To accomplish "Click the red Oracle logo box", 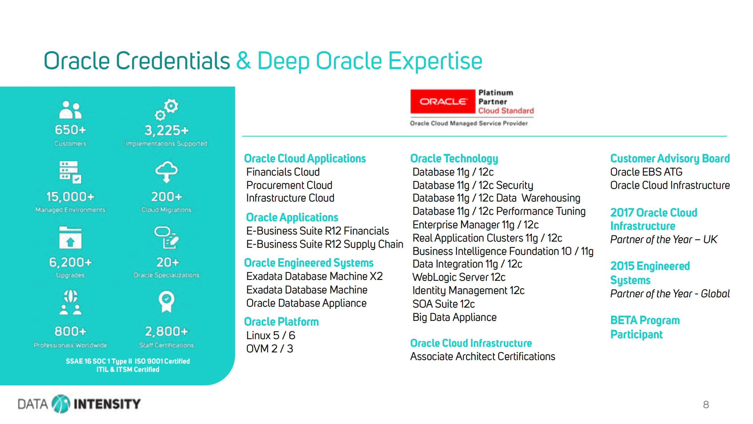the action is [x=443, y=101].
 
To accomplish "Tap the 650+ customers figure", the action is [x=70, y=130].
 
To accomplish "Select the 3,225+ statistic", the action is [x=166, y=131].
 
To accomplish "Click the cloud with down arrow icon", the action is [x=167, y=172].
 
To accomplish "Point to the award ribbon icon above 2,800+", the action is [x=167, y=301].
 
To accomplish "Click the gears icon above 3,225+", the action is [x=167, y=110].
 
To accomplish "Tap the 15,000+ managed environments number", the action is [x=70, y=197].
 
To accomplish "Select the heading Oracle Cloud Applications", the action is [x=305, y=159].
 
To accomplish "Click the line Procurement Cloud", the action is [x=289, y=185].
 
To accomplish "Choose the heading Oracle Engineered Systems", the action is [x=309, y=263].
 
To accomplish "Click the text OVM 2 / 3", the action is [x=270, y=349].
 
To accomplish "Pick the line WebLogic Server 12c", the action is [x=459, y=277].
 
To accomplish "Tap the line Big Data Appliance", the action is [x=454, y=317].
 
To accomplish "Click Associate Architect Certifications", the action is [x=483, y=356].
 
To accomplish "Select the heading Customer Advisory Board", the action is [x=670, y=159].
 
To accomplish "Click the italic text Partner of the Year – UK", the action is [x=664, y=239].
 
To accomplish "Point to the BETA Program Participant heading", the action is [x=645, y=327].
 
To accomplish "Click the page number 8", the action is [x=706, y=405].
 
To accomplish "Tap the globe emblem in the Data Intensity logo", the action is [x=61, y=404].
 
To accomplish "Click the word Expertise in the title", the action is [x=435, y=61].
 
